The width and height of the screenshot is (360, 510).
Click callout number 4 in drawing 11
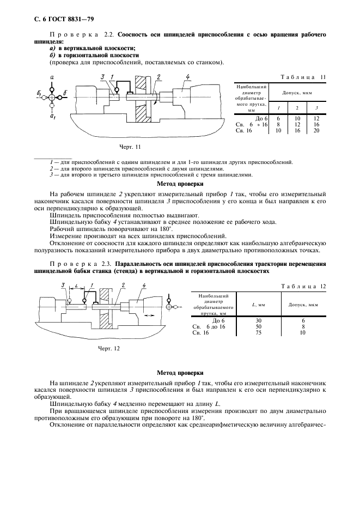pos(187,77)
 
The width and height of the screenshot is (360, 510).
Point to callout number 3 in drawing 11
pos(102,77)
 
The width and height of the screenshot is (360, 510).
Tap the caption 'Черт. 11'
pos(130,147)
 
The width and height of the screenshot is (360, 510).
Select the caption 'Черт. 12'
pos(108,348)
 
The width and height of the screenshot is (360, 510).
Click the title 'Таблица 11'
pos(302,77)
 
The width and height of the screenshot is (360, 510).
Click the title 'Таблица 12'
pos(302,286)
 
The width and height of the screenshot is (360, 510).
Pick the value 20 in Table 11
pos(316,131)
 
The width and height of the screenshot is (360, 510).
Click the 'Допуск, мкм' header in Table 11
pos(297,94)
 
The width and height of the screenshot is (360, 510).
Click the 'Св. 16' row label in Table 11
pos(243,131)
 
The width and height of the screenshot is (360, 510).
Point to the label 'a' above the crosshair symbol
pos(51,78)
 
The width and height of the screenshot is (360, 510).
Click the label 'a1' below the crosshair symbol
pos(52,116)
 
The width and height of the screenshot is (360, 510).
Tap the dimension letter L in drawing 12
pos(74,286)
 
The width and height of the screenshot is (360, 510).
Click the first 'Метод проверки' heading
pos(180,184)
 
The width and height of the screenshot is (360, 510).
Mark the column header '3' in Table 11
pos(316,108)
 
